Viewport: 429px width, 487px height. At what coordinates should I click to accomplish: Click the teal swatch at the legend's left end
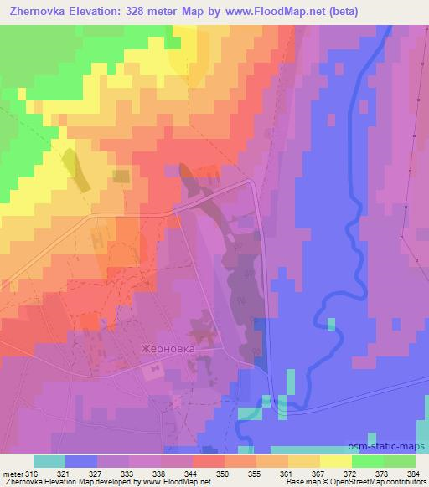pyautogui.click(x=49, y=461)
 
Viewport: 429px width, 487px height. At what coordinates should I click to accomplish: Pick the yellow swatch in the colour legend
pyautogui.click(x=335, y=461)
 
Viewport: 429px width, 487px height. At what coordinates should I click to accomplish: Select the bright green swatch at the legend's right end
pyautogui.click(x=399, y=461)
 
